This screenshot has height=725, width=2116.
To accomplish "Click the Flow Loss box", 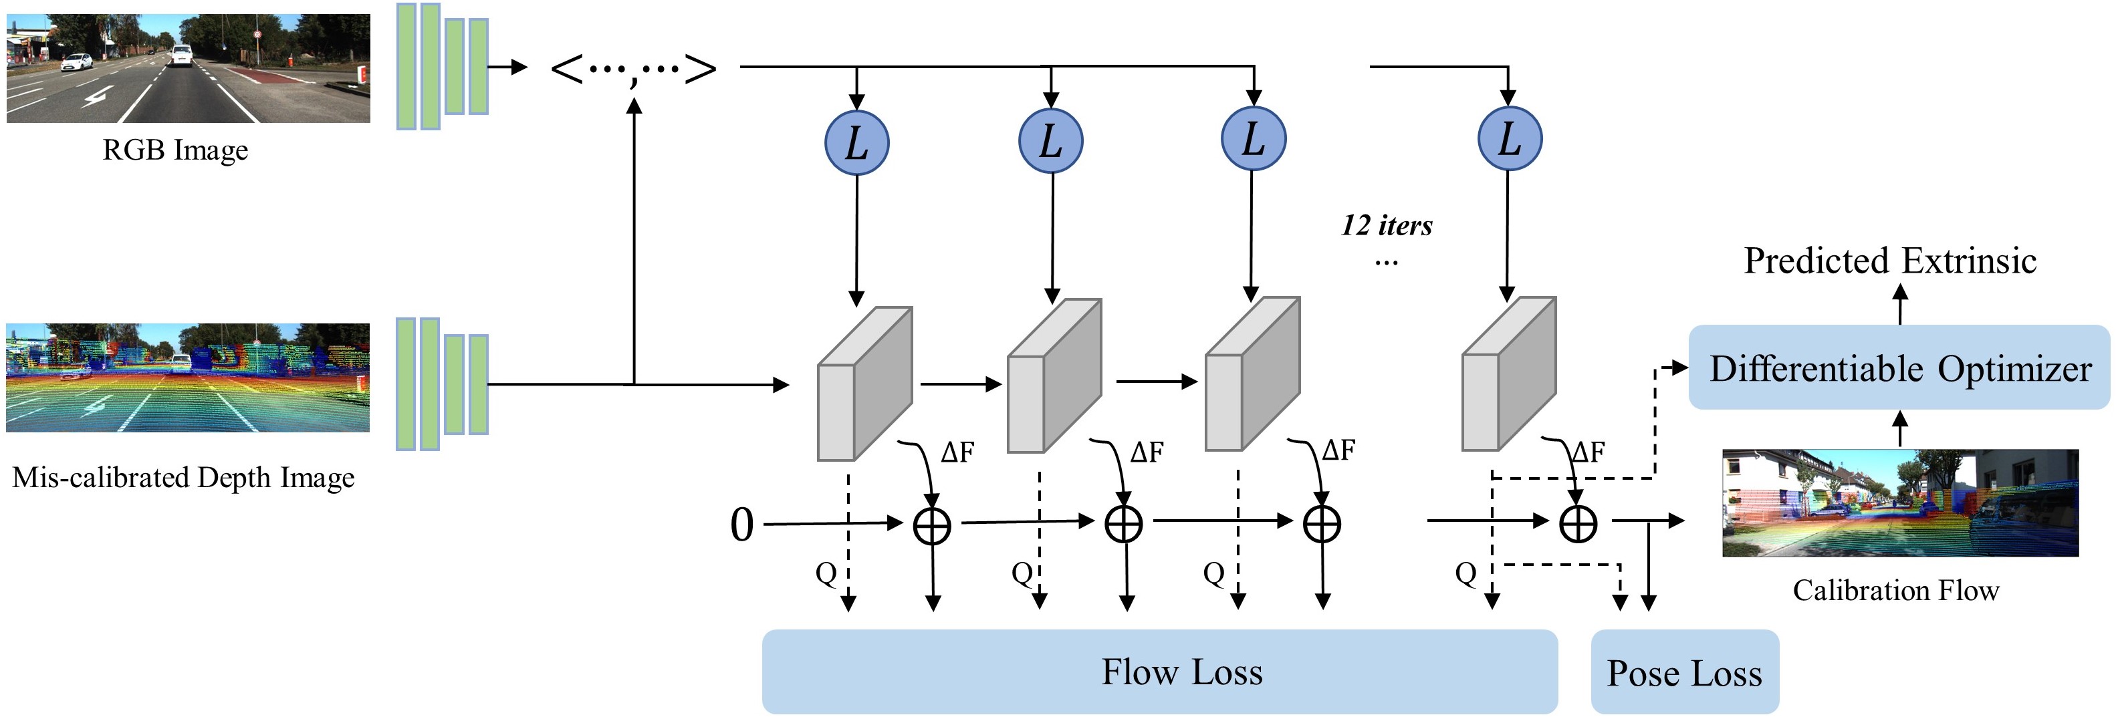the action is pos(1159,671).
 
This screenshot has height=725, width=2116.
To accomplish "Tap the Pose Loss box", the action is pos(1685,672).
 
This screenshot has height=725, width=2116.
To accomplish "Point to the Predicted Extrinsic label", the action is pos(1890,261).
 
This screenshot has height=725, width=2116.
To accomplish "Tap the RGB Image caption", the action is pos(175,150).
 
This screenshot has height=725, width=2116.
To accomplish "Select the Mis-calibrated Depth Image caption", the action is pos(183,477).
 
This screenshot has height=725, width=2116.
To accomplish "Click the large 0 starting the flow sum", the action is pos(741,524).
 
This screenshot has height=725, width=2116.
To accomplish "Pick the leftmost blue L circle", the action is pos(856,141).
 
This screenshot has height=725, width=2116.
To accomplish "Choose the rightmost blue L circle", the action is pos(1510,139).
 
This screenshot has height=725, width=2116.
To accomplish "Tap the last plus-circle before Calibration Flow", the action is pos(1578,523).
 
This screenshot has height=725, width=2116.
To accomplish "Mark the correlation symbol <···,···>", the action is pos(633,69).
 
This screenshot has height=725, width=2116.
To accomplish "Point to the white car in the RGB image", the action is pos(77,61).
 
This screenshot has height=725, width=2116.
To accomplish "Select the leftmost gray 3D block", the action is pos(865,384).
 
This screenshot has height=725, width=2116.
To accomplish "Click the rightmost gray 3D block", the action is pos(1509,374).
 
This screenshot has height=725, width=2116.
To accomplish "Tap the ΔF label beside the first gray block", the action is pos(958,452).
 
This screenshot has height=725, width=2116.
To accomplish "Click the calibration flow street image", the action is pos(1900,502).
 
